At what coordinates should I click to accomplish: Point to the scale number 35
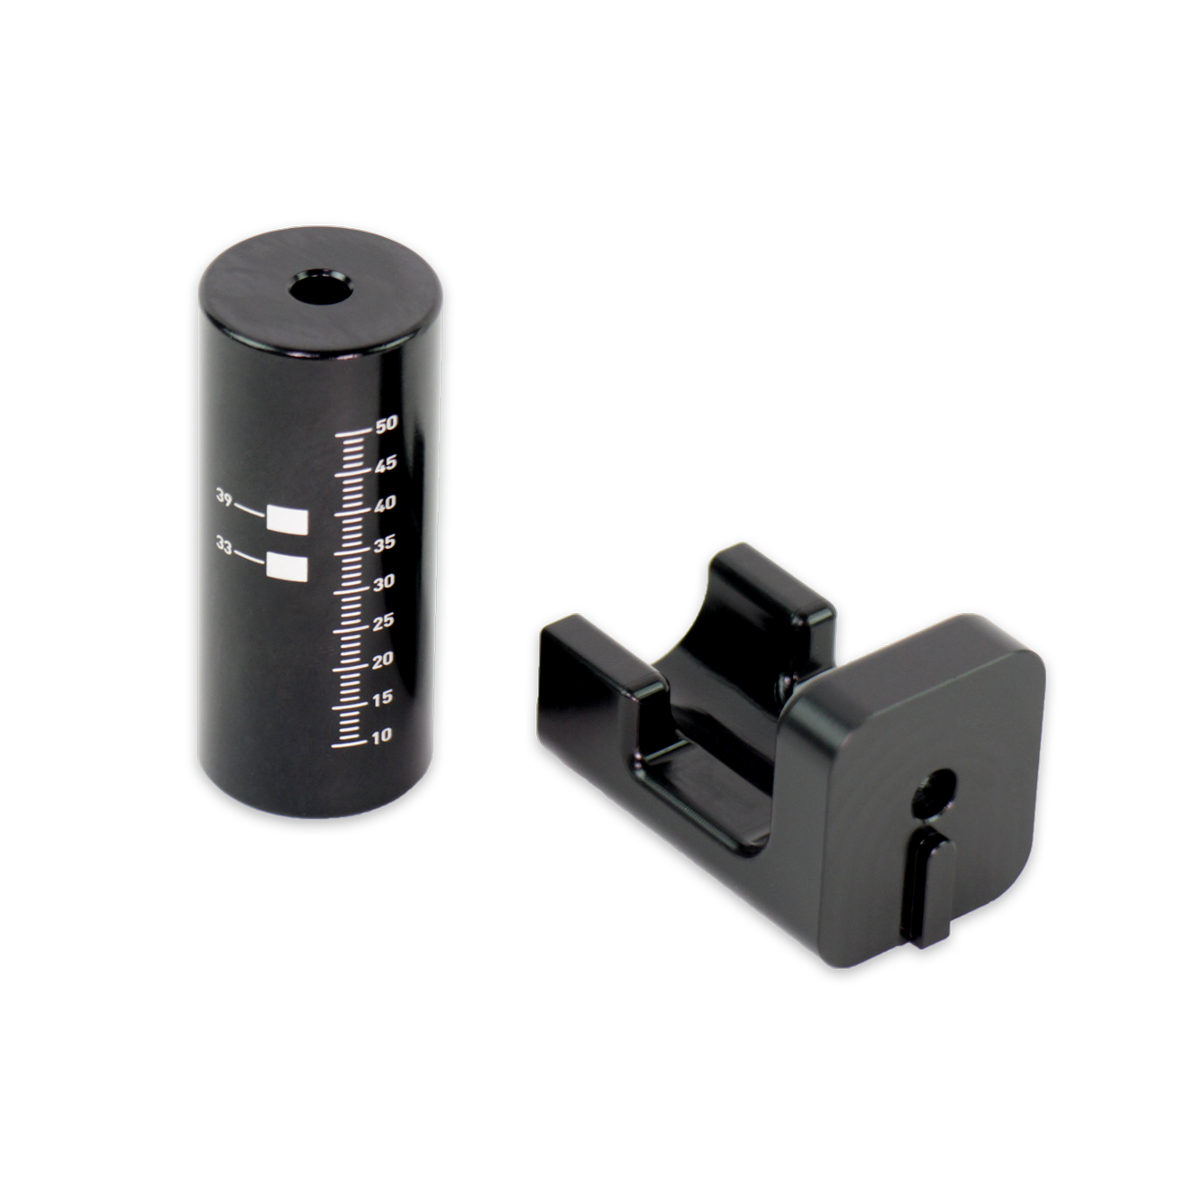point(386,543)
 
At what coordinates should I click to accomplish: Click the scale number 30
point(386,582)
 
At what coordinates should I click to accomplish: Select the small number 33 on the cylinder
point(224,544)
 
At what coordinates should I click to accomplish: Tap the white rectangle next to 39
point(288,519)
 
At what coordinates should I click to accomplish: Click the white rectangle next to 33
point(288,566)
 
